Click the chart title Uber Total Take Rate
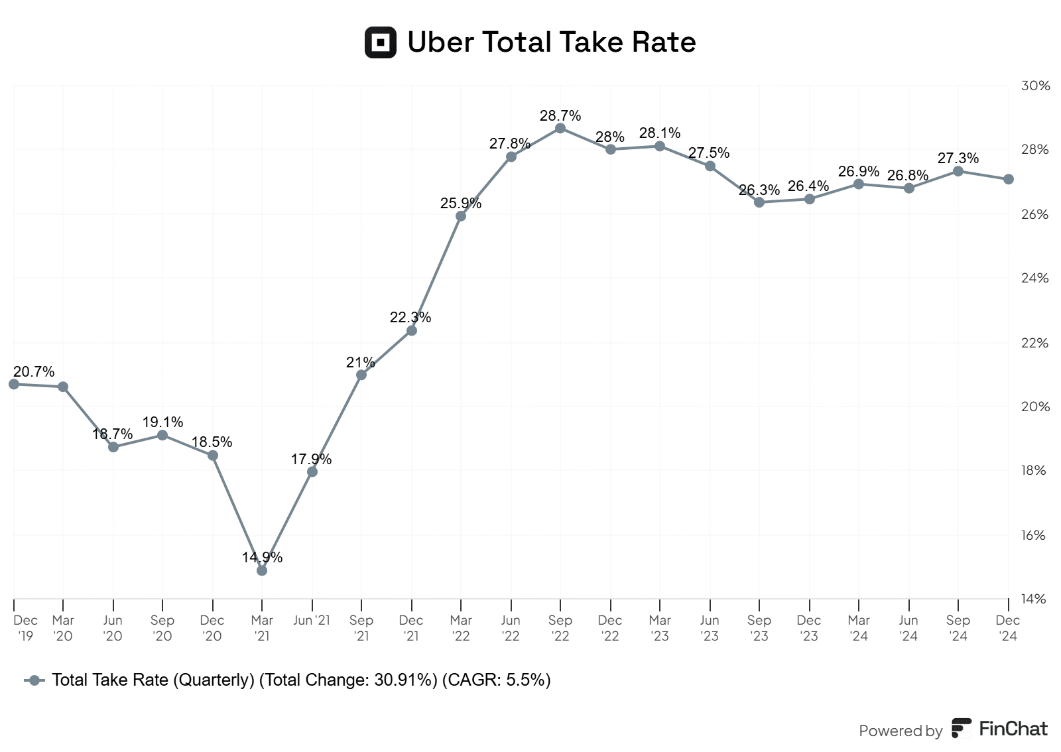coord(551,42)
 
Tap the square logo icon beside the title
coord(381,42)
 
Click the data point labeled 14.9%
coord(262,570)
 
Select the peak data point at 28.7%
coord(560,128)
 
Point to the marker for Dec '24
coord(1008,179)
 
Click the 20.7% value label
coord(34,372)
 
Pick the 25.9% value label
coord(461,204)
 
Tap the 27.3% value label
coord(958,158)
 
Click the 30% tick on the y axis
coord(1035,86)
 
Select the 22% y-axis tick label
coord(1035,343)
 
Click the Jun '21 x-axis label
coord(312,621)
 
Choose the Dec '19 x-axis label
coord(25,628)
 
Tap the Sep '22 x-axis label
coord(560,628)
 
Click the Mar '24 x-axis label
coord(859,628)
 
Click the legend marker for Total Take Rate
coord(34,680)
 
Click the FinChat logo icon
coord(962,728)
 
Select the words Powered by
coord(901,731)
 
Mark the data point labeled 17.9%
coord(312,471)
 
